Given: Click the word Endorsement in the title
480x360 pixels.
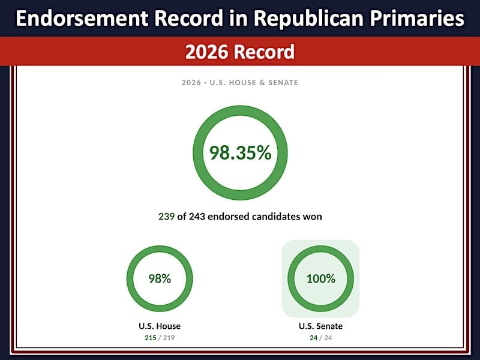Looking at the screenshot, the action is [x=82, y=18].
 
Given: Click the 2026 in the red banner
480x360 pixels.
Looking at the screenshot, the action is [x=207, y=52].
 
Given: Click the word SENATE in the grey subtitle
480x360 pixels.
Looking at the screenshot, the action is [x=283, y=83].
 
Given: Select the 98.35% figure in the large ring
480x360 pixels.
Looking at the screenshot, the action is [x=241, y=152].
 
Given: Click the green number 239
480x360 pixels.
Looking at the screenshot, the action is [x=166, y=217].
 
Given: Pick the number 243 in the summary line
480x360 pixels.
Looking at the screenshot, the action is [x=197, y=217].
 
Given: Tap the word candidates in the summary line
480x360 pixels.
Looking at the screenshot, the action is [x=274, y=217].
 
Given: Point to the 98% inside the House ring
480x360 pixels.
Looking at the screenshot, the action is [x=160, y=278].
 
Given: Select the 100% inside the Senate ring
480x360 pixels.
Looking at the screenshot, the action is [x=321, y=278].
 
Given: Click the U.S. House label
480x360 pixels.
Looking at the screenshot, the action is [x=160, y=326].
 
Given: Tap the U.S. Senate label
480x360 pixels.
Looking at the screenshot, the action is [x=320, y=326].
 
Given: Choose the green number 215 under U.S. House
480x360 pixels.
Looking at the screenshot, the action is [x=151, y=338].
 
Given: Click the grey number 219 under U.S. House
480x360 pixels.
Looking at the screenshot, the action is [x=169, y=338].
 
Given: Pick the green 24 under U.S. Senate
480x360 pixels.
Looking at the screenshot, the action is [x=313, y=338].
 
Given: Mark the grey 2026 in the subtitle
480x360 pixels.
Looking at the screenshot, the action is [x=191, y=83].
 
